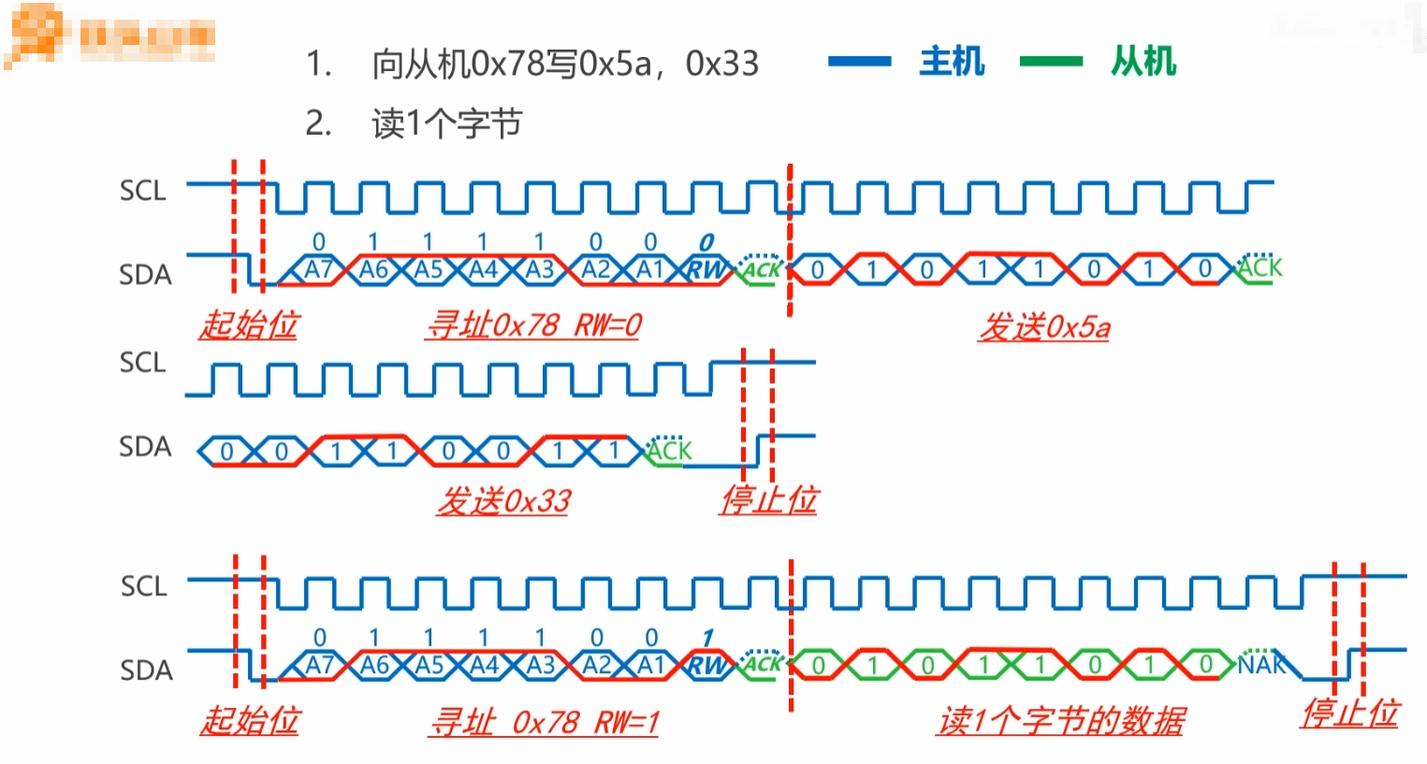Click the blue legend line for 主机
[859, 62]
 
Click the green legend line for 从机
[1051, 62]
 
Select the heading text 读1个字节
[446, 124]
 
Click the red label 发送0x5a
[1044, 327]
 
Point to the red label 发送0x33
[503, 501]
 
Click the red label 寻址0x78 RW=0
[533, 325]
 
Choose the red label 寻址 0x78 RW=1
[544, 722]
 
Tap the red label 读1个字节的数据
[1061, 720]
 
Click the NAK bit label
[1261, 665]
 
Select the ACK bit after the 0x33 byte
[669, 450]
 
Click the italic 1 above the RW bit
[707, 639]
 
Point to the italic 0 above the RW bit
[706, 242]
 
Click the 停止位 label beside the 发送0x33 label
[768, 500]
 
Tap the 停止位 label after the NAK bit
[1349, 713]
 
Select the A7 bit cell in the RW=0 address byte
[318, 270]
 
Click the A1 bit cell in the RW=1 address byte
[651, 666]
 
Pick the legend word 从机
[1143, 62]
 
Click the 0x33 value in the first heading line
[721, 64]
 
